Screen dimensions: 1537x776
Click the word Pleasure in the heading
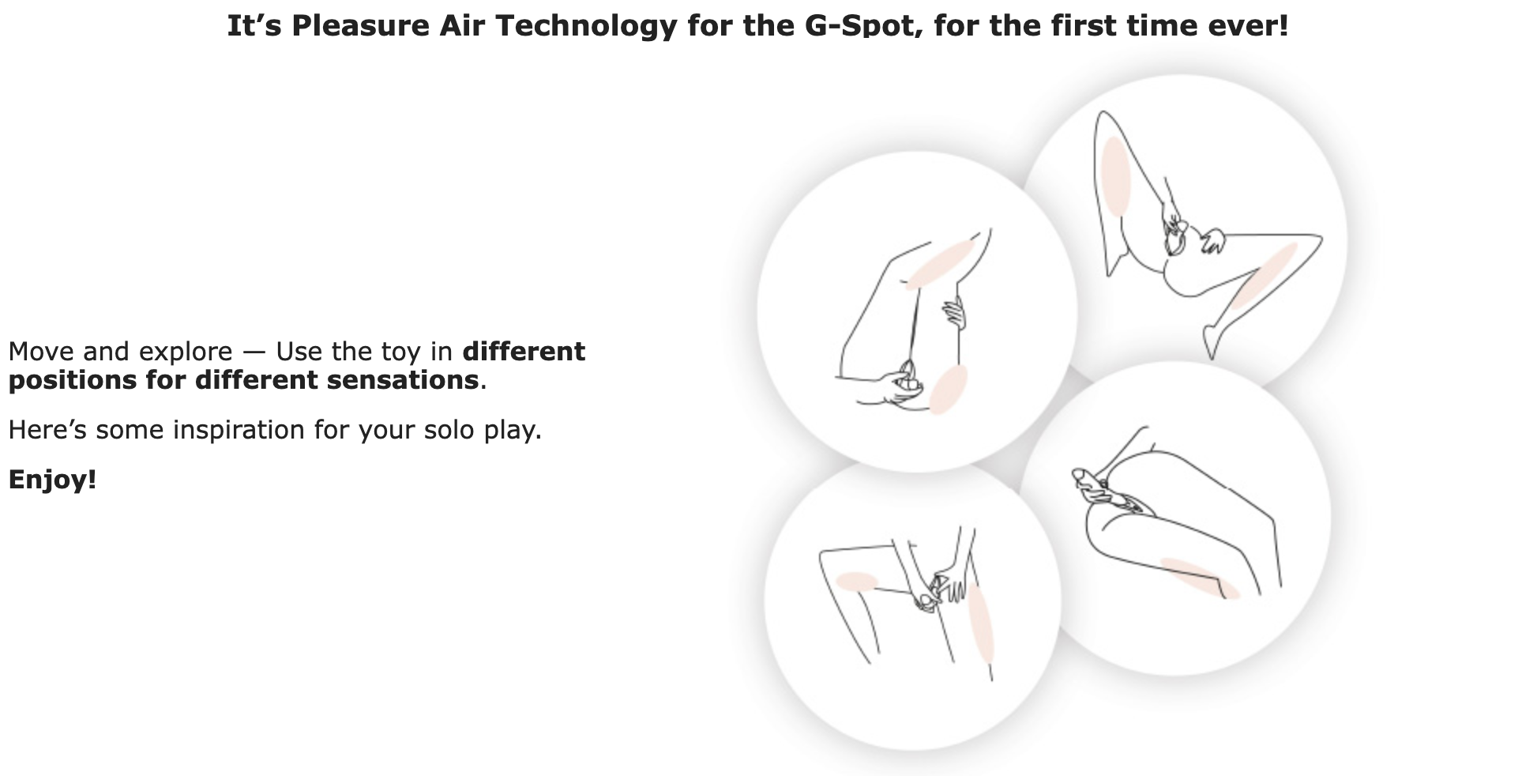pyautogui.click(x=359, y=25)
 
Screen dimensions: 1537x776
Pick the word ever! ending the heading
pyautogui.click(x=1248, y=25)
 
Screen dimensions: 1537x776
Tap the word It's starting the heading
pyautogui.click(x=254, y=25)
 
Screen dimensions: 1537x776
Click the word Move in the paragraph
pyautogui.click(x=41, y=351)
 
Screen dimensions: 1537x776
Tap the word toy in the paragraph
pyautogui.click(x=400, y=352)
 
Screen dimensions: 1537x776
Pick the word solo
pyautogui.click(x=449, y=430)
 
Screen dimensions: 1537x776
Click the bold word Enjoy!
pyautogui.click(x=52, y=480)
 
